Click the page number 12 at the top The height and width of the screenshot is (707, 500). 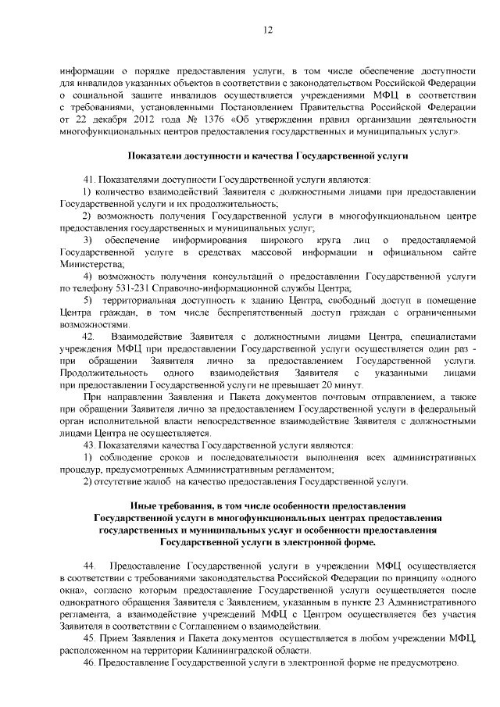[x=267, y=30]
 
